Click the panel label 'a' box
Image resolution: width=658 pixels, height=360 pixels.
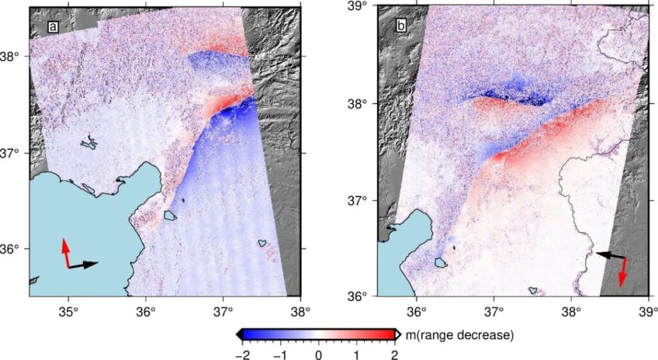pyautogui.click(x=53, y=27)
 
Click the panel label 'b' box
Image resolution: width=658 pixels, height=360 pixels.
pyautogui.click(x=401, y=26)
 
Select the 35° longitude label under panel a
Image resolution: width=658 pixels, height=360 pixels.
pyautogui.click(x=69, y=312)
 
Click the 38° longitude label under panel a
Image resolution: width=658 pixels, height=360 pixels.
pyautogui.click(x=301, y=312)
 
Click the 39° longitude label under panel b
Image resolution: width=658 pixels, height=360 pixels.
pyautogui.click(x=648, y=312)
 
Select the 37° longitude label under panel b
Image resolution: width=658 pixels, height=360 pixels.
pyautogui.click(x=494, y=312)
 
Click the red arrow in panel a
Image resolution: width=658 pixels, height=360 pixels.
pyautogui.click(x=66, y=253)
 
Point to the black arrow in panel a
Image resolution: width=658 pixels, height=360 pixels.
pyautogui.click(x=84, y=265)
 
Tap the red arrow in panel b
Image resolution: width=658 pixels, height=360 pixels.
pyautogui.click(x=623, y=273)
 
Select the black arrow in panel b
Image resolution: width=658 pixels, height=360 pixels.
pyautogui.click(x=610, y=255)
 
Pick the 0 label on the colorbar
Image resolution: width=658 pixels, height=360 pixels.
pyautogui.click(x=319, y=355)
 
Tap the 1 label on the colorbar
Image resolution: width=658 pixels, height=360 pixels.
pyautogui.click(x=357, y=355)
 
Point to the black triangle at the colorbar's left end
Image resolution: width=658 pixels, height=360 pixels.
pyautogui.click(x=240, y=334)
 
